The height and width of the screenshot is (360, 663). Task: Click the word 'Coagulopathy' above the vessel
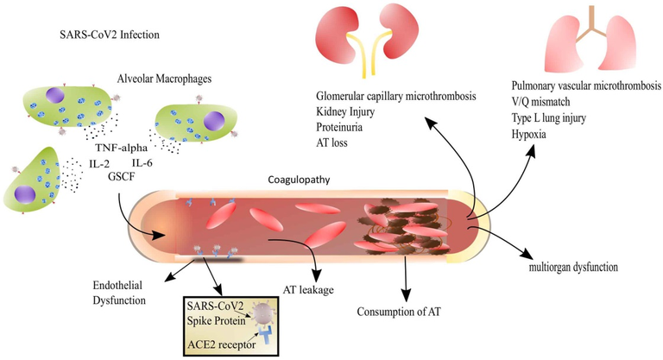(297, 181)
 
